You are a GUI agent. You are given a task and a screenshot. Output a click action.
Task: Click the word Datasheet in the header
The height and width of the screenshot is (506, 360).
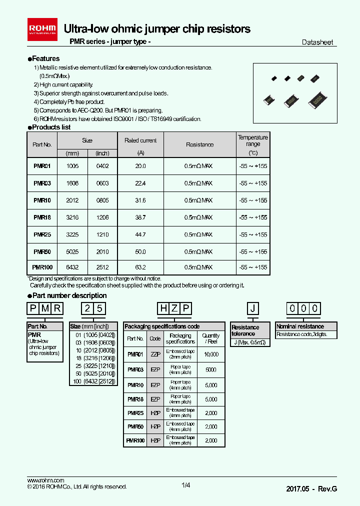pyautogui.click(x=317, y=42)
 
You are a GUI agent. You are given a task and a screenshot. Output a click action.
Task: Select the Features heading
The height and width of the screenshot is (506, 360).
pyautogui.click(x=45, y=58)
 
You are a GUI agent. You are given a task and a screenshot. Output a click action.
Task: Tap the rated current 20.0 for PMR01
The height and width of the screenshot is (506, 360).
pyautogui.click(x=140, y=166)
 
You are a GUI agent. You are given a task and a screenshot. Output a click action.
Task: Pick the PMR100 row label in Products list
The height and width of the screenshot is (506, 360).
pyautogui.click(x=42, y=267)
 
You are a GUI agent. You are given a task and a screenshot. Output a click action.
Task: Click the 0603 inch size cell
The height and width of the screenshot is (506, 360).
pyautogui.click(x=102, y=183)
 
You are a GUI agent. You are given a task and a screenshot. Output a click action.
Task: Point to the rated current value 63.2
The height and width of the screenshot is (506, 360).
pyautogui.click(x=140, y=267)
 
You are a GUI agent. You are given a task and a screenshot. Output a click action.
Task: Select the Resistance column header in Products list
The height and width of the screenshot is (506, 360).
pyautogui.click(x=200, y=144)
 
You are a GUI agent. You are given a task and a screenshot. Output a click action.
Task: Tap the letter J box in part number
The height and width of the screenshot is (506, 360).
pyautogui.click(x=253, y=308)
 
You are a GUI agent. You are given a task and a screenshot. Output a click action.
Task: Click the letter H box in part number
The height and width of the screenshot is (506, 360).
pyautogui.click(x=163, y=308)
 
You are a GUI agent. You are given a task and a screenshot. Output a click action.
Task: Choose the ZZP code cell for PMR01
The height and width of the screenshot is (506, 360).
pyautogui.click(x=155, y=354)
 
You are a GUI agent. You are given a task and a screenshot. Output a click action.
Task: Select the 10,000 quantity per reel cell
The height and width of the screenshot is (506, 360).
pyautogui.click(x=211, y=354)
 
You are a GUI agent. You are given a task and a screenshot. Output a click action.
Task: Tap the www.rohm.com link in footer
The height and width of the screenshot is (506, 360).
pyautogui.click(x=45, y=480)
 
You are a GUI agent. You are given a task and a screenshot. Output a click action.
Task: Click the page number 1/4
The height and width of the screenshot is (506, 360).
pyautogui.click(x=185, y=485)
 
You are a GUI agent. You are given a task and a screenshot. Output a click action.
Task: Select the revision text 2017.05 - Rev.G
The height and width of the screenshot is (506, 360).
pyautogui.click(x=311, y=488)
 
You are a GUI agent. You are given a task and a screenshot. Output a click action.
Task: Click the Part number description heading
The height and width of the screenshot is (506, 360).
pyautogui.click(x=69, y=295)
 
